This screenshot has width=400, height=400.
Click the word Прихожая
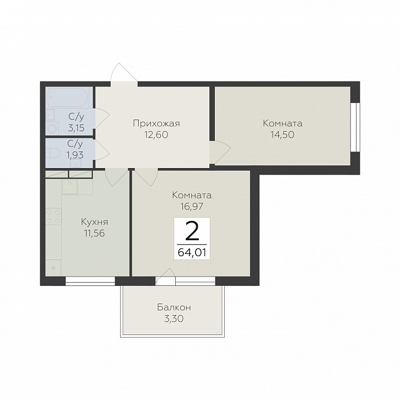[x=156, y=124]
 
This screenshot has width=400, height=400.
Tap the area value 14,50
[x=283, y=134]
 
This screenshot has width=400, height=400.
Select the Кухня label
[x=94, y=222]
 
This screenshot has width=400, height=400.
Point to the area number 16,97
[x=192, y=207]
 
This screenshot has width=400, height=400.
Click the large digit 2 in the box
[x=192, y=231]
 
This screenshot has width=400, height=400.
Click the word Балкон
[x=174, y=307]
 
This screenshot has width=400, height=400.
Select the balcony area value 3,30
[x=174, y=318]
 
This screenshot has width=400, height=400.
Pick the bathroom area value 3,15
[x=76, y=128]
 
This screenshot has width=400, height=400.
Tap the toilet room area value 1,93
[x=75, y=155]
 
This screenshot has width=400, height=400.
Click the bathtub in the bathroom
[x=68, y=97]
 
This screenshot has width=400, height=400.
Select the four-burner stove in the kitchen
[x=53, y=217]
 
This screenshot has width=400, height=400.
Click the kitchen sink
[x=69, y=187]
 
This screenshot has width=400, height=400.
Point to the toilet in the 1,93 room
[x=53, y=153]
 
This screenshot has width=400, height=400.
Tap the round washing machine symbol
[x=53, y=128]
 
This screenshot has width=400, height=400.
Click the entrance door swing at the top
[x=124, y=72]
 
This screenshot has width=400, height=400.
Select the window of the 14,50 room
[x=354, y=127]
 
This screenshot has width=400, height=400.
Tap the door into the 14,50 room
[x=220, y=152]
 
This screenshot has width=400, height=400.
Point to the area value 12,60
[x=156, y=134]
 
